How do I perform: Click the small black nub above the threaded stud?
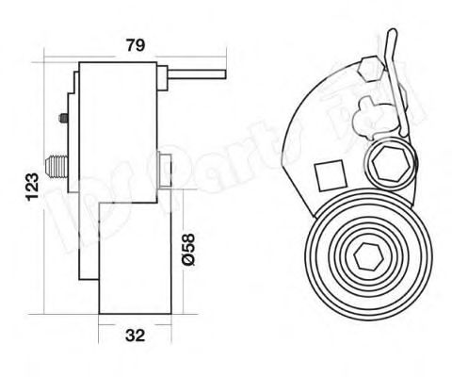pyautogui.click(x=62, y=120)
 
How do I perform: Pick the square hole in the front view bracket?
pyautogui.click(x=329, y=175)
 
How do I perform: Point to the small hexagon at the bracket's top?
pyautogui.click(x=368, y=67)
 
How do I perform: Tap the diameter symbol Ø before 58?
pyautogui.click(x=187, y=258)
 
